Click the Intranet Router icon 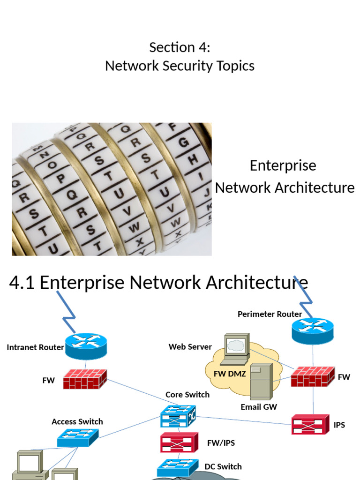86,346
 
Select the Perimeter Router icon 312,330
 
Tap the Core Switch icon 178,416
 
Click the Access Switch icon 78,437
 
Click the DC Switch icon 177,467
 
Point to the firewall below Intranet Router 85,379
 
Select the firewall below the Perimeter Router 313,376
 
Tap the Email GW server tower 261,381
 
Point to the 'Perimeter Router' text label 270,314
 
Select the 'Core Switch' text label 187,395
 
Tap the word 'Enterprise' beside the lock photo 283,165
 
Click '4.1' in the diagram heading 22,283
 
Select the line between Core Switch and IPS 244,420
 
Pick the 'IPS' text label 339,425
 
